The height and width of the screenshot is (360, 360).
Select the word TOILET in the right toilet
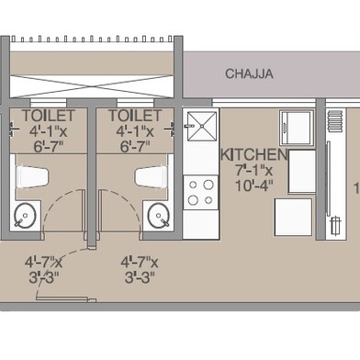click(x=135, y=116)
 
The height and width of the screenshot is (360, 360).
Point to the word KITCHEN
click(x=254, y=155)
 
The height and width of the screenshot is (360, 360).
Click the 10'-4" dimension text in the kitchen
click(x=254, y=187)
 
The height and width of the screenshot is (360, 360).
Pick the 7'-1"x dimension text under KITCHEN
click(x=254, y=171)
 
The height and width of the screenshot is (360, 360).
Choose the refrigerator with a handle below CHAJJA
click(x=297, y=128)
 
